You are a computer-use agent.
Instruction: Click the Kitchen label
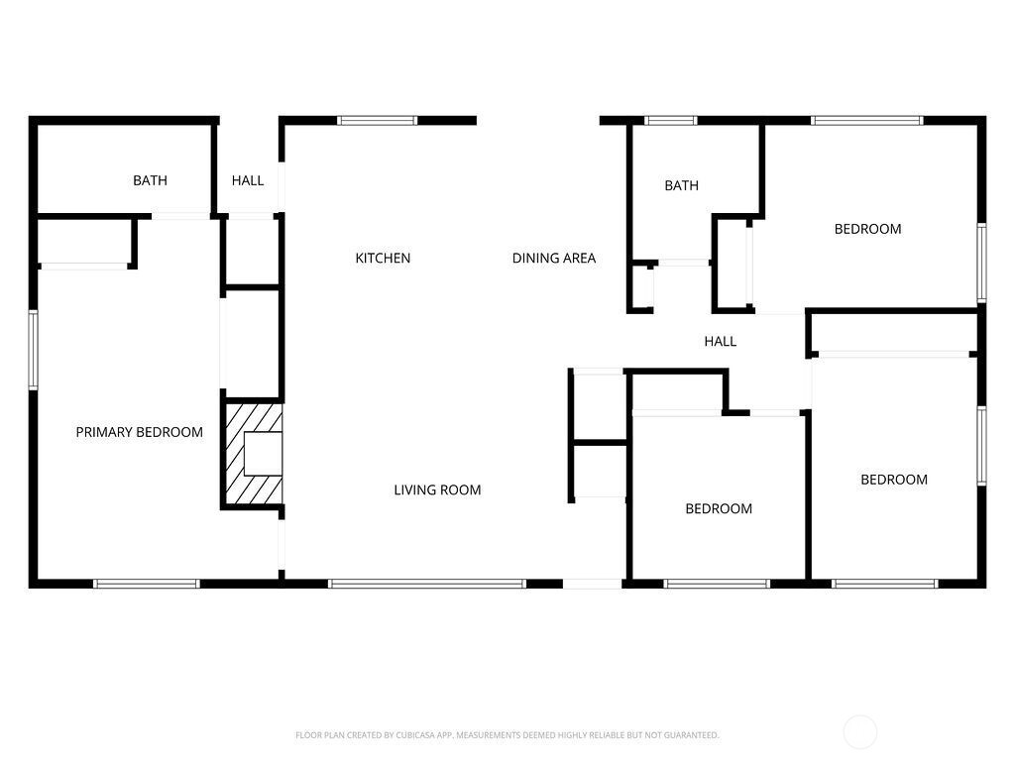(383, 259)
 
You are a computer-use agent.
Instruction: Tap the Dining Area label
(553, 259)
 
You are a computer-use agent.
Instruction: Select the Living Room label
(437, 489)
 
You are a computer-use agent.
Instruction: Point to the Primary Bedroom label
(139, 432)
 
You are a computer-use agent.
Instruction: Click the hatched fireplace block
(253, 454)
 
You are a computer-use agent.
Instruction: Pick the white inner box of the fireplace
(263, 454)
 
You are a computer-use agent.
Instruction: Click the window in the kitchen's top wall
(378, 120)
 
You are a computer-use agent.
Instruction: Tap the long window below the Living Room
(427, 584)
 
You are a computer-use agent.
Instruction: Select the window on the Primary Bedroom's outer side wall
(33, 350)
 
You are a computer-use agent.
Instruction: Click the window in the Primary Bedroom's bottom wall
(147, 584)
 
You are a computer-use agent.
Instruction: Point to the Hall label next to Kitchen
(248, 180)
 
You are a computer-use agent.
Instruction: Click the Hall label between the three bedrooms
(721, 341)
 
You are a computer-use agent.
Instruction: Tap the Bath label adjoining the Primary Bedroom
(151, 180)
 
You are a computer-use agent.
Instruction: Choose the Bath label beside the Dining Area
(682, 185)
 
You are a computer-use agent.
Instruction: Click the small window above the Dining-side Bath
(671, 120)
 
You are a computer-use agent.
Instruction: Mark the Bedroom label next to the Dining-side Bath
(867, 229)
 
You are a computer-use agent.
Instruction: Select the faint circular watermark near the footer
(859, 732)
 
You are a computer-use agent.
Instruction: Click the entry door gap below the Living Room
(593, 584)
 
